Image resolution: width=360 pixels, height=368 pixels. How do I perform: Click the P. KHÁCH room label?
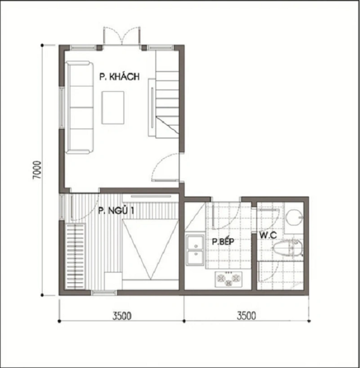[119, 76]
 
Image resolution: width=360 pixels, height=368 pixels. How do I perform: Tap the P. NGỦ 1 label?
[116, 211]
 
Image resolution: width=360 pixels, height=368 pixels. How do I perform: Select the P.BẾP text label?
[223, 241]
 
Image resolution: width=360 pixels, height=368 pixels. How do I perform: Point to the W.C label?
[268, 235]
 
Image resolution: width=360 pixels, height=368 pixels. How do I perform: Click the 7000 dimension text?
[37, 170]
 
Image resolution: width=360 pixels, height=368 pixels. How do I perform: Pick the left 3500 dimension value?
[122, 316]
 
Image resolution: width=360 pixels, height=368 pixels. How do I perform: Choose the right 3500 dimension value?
[246, 316]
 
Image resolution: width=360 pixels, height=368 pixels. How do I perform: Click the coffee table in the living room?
[113, 107]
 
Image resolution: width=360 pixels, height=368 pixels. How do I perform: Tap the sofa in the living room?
[80, 107]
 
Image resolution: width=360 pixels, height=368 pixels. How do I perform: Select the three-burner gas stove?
[229, 279]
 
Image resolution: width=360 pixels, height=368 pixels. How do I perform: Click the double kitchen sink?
[194, 250]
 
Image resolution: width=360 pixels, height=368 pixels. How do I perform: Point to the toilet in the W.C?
[287, 249]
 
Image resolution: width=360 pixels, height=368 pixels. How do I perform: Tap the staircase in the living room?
[167, 95]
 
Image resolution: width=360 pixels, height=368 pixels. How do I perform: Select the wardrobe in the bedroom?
[75, 256]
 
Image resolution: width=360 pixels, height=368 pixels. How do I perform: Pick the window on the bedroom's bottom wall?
[104, 293]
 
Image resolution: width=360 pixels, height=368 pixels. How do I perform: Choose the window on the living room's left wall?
[61, 107]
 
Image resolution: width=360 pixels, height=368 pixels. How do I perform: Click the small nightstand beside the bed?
[113, 281]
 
